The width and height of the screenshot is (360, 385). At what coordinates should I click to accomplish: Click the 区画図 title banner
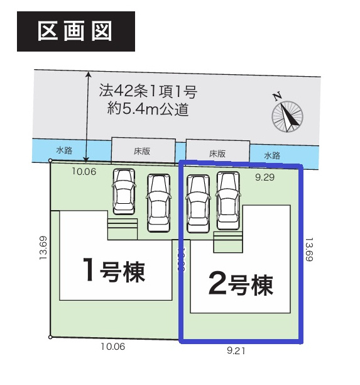pyautogui.click(x=75, y=31)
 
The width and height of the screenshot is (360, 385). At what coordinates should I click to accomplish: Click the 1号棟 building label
pyautogui.click(x=115, y=271)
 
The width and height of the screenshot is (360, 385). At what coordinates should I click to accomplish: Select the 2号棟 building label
pyautogui.click(x=241, y=284)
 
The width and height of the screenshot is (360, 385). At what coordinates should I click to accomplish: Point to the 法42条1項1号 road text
pyautogui.click(x=148, y=92)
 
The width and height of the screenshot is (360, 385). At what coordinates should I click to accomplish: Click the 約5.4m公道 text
pyautogui.click(x=148, y=109)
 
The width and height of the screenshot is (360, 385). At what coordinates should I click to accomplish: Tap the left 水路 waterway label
pyautogui.click(x=64, y=150)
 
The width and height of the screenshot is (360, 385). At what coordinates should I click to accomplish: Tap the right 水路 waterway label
pyautogui.click(x=272, y=155)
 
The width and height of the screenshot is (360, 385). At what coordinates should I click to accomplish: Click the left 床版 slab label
pyautogui.click(x=143, y=150)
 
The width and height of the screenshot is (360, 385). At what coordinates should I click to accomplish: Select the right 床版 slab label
pyautogui.click(x=217, y=153)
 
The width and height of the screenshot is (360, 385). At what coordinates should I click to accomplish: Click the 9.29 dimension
pyautogui.click(x=267, y=178)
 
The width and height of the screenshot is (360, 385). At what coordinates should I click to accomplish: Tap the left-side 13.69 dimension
pyautogui.click(x=42, y=248)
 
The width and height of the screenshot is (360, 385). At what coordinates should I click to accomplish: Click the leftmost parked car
pyautogui.click(x=124, y=191)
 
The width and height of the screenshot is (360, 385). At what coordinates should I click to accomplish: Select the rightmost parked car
pyautogui.click(x=228, y=199)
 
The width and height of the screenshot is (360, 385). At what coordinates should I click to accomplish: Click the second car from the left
pyautogui.click(x=158, y=202)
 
